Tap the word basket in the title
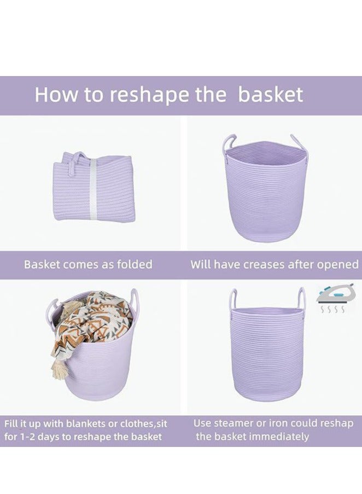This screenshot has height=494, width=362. (x=271, y=95)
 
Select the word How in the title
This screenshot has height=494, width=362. (x=55, y=95)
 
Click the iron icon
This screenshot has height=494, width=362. (x=331, y=295)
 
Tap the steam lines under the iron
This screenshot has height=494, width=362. (x=331, y=310)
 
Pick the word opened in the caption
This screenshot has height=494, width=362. (x=338, y=265)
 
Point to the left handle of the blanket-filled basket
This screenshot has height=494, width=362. (x=54, y=309)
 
